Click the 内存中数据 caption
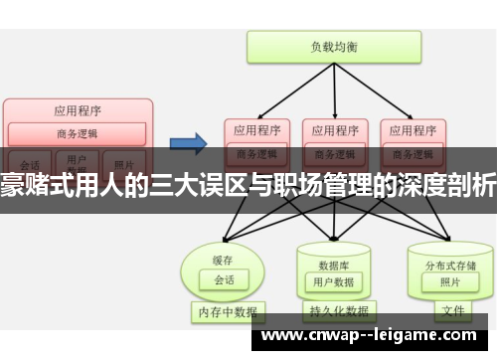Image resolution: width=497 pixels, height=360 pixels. click(224, 311)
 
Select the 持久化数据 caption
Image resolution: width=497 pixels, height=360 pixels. click(333, 311)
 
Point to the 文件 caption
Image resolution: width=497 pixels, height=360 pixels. click(452, 311)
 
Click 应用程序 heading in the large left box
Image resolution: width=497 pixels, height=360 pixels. click(78, 111)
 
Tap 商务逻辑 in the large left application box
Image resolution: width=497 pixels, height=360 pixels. click(78, 132)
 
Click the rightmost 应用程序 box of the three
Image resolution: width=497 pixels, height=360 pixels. click(411, 129)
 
